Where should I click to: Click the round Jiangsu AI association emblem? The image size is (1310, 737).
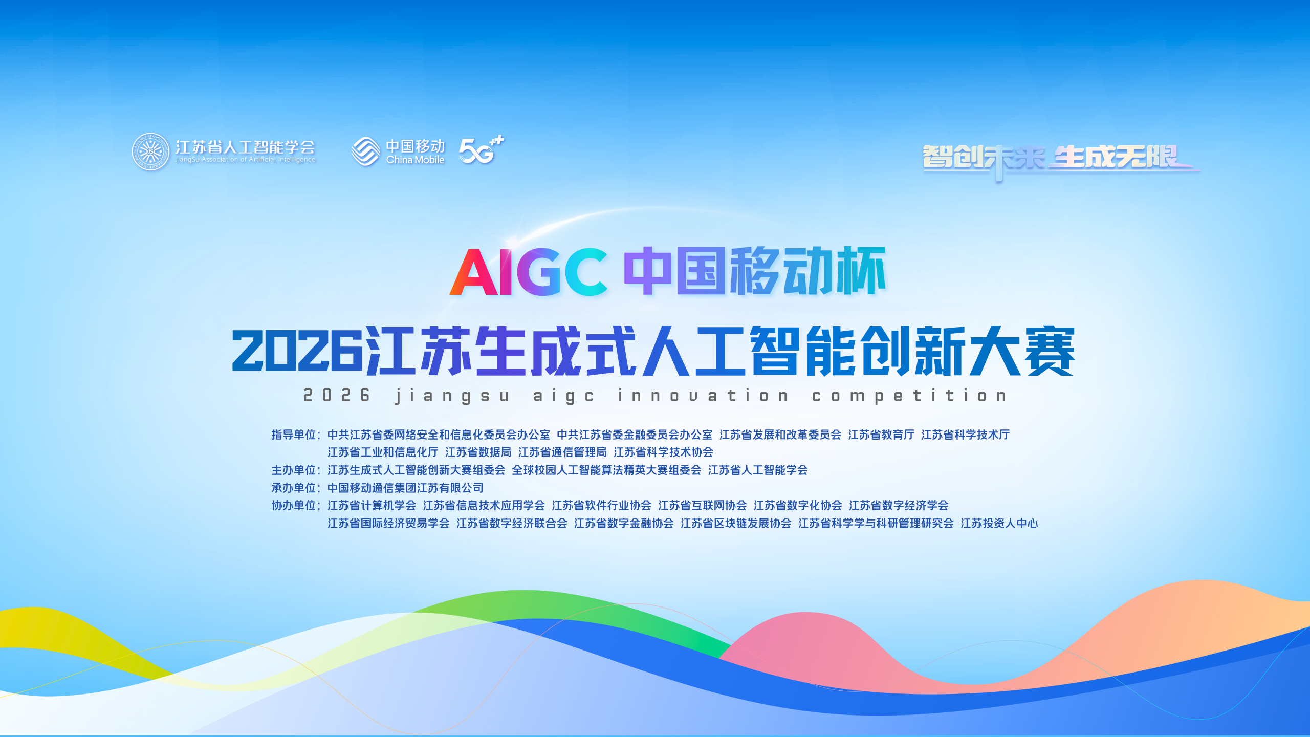tap(150, 152)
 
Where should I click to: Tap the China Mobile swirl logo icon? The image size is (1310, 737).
tap(366, 151)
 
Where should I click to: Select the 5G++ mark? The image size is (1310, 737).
tap(481, 150)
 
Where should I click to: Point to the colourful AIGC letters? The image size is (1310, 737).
tap(529, 272)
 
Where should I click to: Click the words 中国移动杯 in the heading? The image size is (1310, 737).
tap(754, 271)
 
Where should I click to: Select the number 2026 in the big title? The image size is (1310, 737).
tap(298, 351)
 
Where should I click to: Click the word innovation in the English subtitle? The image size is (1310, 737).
tap(703, 396)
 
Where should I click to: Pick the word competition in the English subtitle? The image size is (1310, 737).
tap(909, 396)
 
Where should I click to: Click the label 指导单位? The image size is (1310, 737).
tap(294, 435)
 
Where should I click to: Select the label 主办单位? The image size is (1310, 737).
tap(294, 470)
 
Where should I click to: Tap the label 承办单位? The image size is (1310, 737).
tap(294, 488)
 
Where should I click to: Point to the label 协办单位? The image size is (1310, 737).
tap(294, 505)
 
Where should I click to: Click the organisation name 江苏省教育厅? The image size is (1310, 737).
tap(881, 435)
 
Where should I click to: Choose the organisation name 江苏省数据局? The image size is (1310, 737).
tap(478, 452)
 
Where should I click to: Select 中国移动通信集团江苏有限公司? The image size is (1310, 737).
tap(405, 488)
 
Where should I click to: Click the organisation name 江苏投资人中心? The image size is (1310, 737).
tap(999, 523)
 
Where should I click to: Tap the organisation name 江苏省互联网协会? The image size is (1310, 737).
tap(703, 505)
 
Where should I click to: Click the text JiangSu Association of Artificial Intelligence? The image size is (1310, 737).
tap(246, 160)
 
